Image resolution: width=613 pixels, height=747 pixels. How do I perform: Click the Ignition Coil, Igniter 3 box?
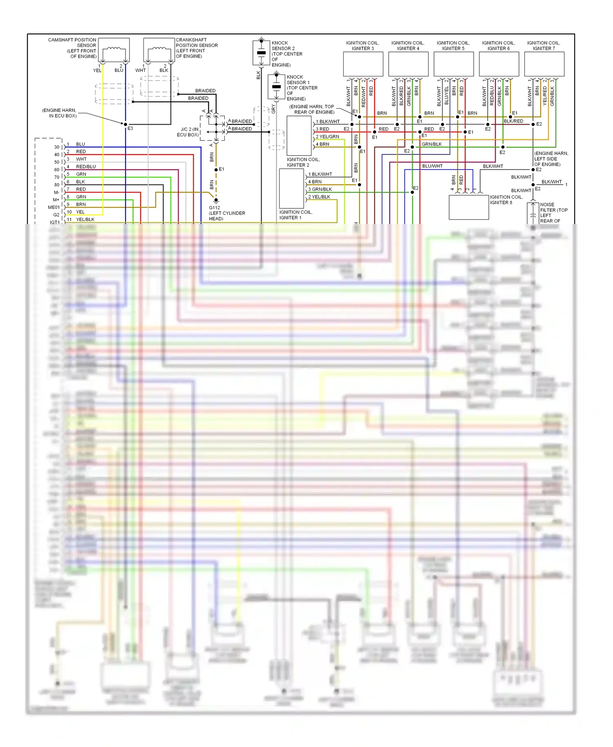[x=363, y=64]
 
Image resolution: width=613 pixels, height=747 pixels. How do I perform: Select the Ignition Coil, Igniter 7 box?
[x=544, y=64]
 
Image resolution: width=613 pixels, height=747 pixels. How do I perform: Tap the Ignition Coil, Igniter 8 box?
[x=469, y=207]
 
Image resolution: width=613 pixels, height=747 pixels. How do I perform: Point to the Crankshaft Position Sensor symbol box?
[x=159, y=50]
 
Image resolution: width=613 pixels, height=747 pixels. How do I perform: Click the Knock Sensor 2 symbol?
[x=261, y=53]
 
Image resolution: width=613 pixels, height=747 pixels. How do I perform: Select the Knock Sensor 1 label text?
[x=302, y=88]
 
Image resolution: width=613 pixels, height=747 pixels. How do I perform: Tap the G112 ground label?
[x=227, y=213]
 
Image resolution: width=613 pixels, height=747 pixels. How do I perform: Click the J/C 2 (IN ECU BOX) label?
[x=188, y=132]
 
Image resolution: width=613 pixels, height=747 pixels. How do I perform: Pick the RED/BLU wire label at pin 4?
[x=86, y=167]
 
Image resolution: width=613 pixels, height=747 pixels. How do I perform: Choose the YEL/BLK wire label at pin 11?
[x=85, y=219]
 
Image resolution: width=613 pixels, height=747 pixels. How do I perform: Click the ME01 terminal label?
[x=54, y=207]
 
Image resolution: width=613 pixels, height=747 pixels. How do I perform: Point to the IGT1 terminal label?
[x=54, y=222]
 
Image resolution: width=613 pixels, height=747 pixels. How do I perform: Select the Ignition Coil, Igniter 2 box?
[x=299, y=136]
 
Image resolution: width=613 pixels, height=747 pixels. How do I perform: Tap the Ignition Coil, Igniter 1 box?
[x=291, y=188]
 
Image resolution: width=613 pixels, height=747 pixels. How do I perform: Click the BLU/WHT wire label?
[x=432, y=166]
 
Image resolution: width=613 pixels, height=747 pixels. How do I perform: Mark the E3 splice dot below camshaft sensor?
[x=125, y=124]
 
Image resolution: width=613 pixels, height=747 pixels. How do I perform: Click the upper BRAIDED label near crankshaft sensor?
[x=205, y=91]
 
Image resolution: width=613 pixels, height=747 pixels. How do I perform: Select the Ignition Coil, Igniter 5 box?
[x=454, y=64]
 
